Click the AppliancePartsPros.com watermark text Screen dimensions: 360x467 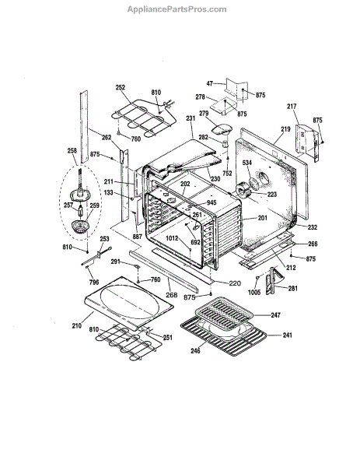(177, 9)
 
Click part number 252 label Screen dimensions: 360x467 (121, 87)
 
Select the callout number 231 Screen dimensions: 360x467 (190, 118)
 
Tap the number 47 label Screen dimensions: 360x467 (210, 83)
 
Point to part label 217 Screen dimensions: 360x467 (292, 106)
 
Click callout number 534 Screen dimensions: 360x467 (247, 163)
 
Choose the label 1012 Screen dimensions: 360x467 (172, 238)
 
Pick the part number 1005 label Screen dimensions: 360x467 (254, 292)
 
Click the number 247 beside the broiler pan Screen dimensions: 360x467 (275, 314)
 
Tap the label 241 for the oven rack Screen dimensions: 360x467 (288, 335)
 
